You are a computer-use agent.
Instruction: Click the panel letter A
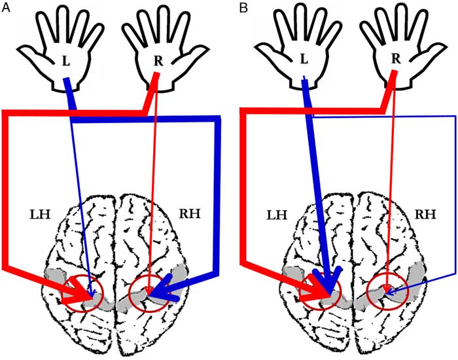click(x=6, y=8)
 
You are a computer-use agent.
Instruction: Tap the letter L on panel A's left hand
click(x=65, y=60)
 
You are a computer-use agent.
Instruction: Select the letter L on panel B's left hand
click(x=302, y=60)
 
